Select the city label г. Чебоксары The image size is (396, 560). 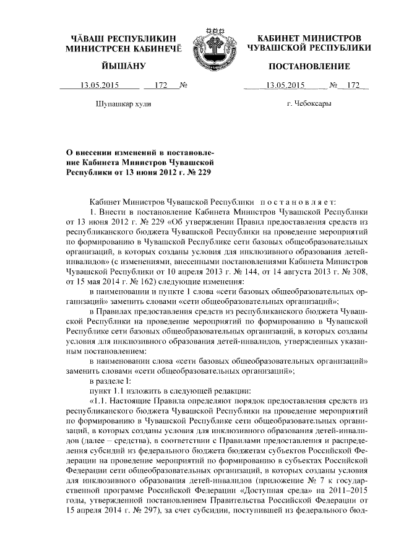pos(309,103)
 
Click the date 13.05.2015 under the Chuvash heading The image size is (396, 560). pos(94,85)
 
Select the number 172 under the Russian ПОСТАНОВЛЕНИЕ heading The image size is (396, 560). pos(353,85)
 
